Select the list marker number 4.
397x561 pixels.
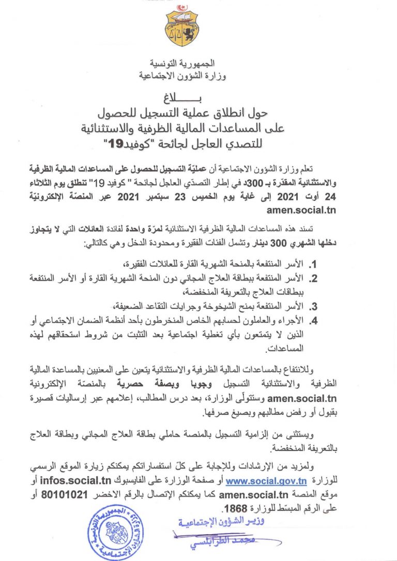tap(313, 319)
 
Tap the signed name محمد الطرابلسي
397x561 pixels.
tap(198, 543)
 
